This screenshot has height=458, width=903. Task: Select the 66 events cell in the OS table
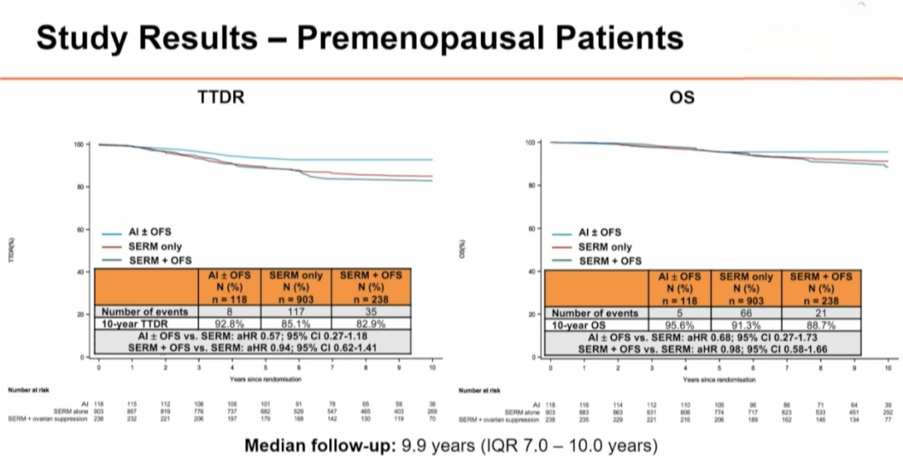tap(748, 313)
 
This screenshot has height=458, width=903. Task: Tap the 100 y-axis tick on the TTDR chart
tap(79, 145)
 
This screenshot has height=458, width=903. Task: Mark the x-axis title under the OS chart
tap(717, 379)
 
